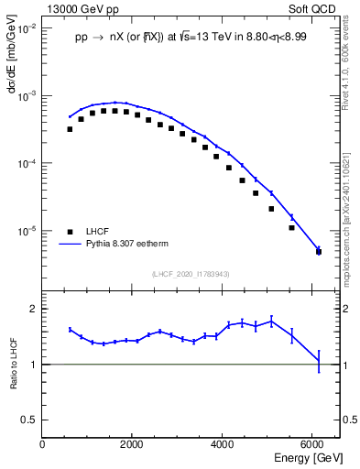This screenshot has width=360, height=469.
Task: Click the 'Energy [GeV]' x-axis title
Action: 308,456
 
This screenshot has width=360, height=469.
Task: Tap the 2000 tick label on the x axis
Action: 132,443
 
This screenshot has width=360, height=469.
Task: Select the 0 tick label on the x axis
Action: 42,443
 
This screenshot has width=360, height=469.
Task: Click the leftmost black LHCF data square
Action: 70,129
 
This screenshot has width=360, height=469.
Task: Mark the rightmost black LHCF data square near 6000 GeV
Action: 318,251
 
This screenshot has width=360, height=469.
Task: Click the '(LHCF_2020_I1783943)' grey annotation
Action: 190,273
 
